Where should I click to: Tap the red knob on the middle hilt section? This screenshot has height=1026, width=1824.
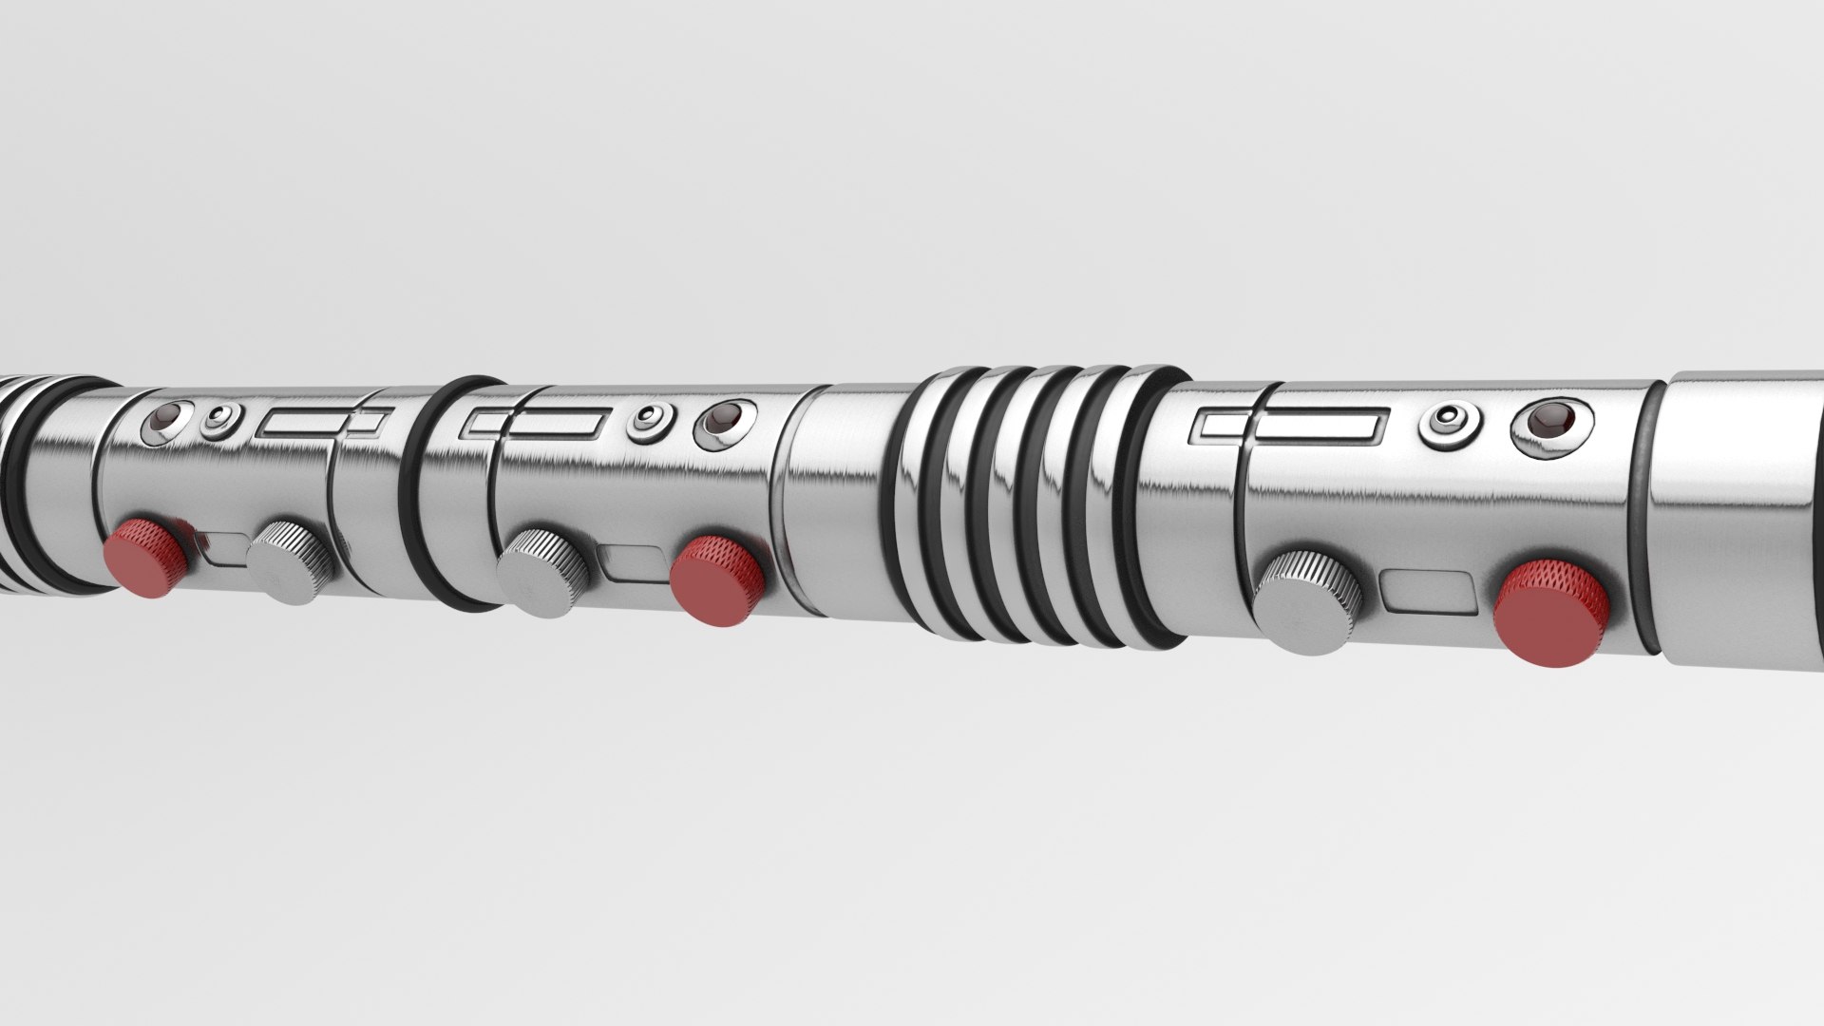click(717, 579)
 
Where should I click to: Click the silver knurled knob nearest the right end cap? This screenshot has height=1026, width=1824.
click(1308, 600)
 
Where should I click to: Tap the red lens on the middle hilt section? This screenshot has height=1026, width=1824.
click(727, 418)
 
